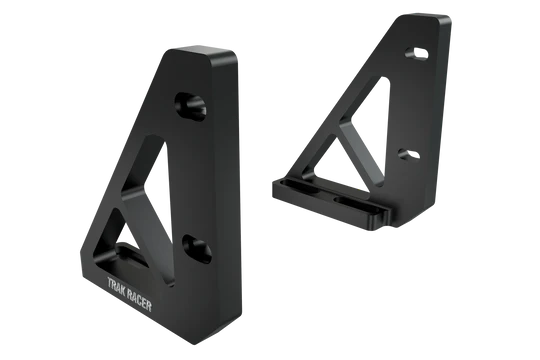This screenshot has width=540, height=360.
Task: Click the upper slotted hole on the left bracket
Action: (190, 106)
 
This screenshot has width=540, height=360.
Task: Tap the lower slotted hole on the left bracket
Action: (197, 249)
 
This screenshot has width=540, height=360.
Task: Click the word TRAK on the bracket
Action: (116, 286)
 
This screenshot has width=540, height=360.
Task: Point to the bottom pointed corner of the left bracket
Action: (195, 343)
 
